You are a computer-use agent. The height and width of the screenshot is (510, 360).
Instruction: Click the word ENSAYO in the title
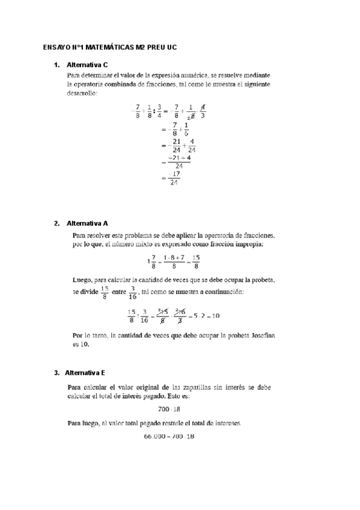pos(58,46)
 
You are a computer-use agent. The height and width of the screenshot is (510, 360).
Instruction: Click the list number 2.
pos(56,223)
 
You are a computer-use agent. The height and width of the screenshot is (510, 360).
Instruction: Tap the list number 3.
pos(56,372)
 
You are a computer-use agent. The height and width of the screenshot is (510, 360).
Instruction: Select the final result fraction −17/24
pos(174,179)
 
